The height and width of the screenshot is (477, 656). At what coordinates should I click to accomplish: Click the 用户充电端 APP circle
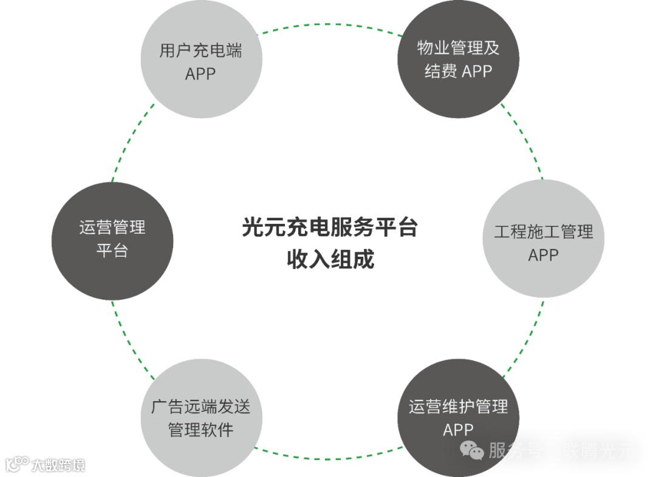tap(201, 61)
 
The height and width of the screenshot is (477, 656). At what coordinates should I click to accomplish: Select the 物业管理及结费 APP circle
tap(458, 59)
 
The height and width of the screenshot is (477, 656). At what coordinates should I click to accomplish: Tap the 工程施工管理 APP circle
tap(543, 240)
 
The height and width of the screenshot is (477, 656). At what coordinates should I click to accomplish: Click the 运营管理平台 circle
tap(112, 240)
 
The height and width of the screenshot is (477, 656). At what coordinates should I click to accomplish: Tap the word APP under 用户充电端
tap(200, 74)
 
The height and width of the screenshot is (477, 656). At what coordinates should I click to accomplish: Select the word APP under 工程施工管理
tap(543, 255)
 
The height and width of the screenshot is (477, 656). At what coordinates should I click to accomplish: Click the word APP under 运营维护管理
tap(458, 430)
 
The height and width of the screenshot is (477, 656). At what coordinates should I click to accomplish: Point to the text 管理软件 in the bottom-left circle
tap(200, 430)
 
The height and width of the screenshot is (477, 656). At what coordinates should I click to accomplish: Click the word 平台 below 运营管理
tap(112, 250)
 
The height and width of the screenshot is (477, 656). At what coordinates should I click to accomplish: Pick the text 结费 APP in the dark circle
tap(458, 71)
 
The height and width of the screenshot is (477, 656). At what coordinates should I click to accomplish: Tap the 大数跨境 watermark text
tap(58, 465)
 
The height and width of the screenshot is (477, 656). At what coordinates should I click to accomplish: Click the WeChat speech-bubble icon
tap(472, 450)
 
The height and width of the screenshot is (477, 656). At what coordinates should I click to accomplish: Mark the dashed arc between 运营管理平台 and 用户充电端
tap(131, 143)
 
